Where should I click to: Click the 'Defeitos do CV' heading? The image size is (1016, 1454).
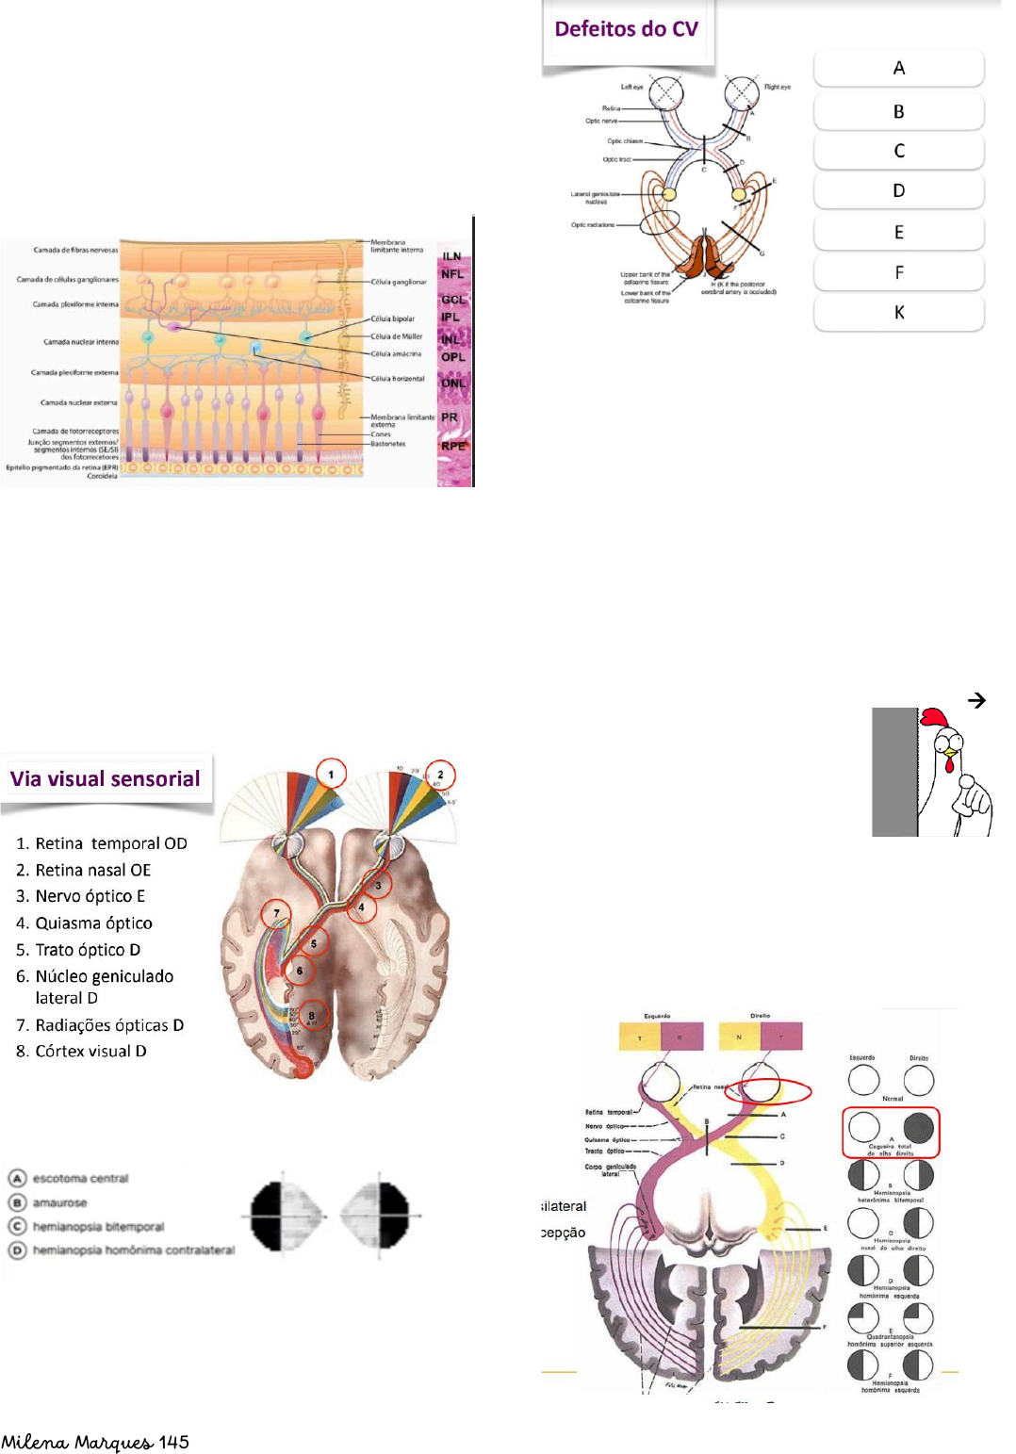[626, 29]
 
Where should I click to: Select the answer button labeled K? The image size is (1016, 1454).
[898, 313]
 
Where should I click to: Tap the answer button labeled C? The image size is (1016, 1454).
[898, 151]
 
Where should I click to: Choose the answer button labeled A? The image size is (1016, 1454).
[898, 68]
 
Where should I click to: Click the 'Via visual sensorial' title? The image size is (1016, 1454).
[106, 779]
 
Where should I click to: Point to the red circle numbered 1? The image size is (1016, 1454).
[331, 775]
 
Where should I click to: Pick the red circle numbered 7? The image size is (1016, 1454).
[276, 913]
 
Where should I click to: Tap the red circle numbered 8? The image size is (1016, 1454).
[312, 1016]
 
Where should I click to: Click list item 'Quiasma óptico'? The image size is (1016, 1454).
[93, 923]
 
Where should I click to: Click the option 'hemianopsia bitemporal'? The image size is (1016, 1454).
[98, 1227]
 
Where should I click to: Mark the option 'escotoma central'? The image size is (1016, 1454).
[80, 1179]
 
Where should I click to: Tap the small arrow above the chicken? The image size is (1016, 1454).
[977, 700]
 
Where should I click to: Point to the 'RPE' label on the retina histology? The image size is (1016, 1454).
[453, 446]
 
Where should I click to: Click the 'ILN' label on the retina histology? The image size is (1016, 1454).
[452, 256]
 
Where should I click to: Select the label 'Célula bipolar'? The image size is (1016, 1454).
[392, 319]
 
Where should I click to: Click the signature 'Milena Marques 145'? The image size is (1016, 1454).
[95, 1442]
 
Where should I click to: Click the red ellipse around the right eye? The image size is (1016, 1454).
[768, 1091]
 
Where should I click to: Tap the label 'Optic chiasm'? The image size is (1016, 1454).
[625, 141]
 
